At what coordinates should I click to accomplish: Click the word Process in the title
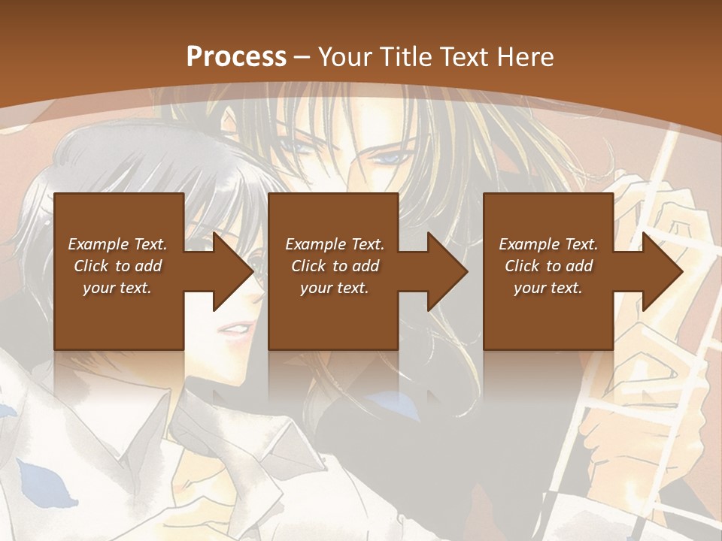coord(236,57)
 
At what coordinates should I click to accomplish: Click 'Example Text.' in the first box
coord(117,244)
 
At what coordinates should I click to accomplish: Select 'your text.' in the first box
coord(117,288)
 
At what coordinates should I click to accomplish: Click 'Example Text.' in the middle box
coord(335,244)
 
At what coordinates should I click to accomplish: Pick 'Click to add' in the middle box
coord(335,266)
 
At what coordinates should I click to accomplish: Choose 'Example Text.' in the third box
coord(548,244)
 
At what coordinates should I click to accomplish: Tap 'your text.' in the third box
coord(548,288)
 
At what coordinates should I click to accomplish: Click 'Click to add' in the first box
coord(117,266)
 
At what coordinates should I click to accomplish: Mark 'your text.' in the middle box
coord(335,288)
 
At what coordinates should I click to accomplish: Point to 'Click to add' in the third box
coord(548,266)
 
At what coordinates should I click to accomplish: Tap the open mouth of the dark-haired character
coord(235,329)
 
